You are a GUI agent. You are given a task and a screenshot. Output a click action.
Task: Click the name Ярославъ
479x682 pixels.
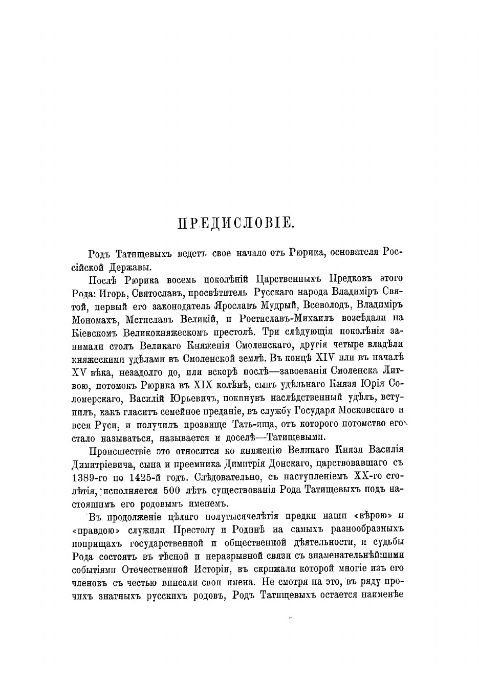pyautogui.click(x=243, y=306)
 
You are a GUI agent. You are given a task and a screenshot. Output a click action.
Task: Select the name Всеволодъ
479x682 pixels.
pyautogui.click(x=329, y=306)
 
